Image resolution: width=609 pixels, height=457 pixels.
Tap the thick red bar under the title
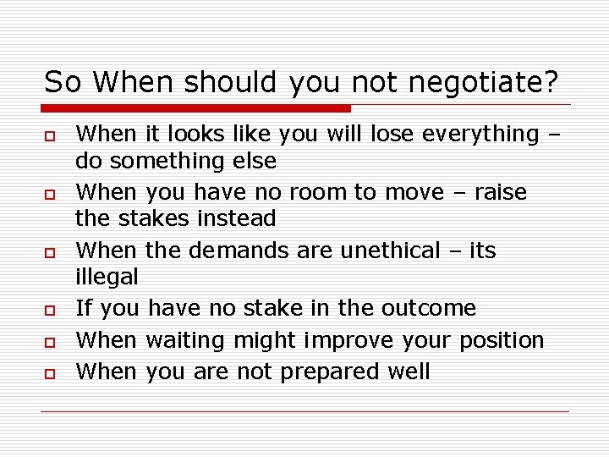(x=196, y=108)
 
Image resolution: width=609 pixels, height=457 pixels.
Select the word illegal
(x=107, y=276)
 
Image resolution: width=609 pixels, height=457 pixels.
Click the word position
(x=502, y=340)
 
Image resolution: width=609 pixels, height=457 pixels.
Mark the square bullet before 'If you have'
(x=51, y=310)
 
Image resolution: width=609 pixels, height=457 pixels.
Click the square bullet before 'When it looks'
(x=51, y=135)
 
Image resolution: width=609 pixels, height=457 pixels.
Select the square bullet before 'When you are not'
(x=51, y=373)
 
